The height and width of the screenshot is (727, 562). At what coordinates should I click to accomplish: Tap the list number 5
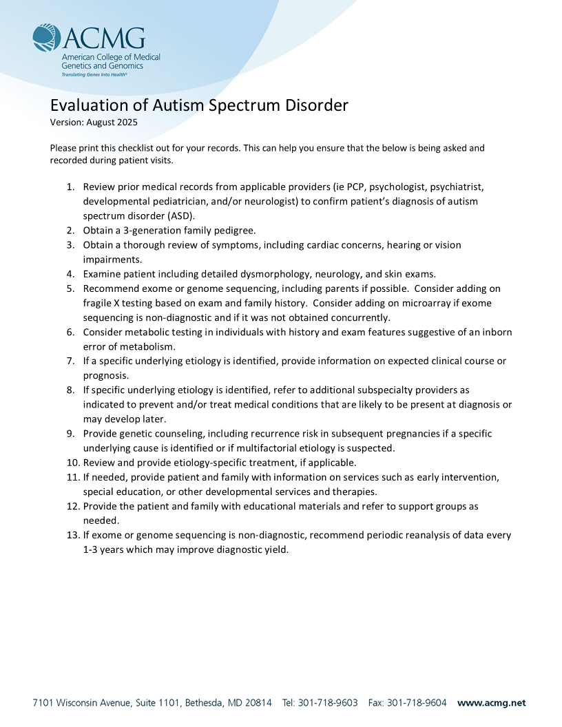pos(70,288)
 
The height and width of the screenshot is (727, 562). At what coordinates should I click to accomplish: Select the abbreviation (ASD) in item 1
pos(171,215)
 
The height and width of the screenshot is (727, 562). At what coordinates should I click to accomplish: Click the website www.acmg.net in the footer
pos(491,703)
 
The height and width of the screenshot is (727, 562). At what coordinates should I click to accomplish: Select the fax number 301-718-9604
pos(417,703)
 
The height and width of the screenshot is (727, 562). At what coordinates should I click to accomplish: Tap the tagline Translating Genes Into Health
pos(94,74)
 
